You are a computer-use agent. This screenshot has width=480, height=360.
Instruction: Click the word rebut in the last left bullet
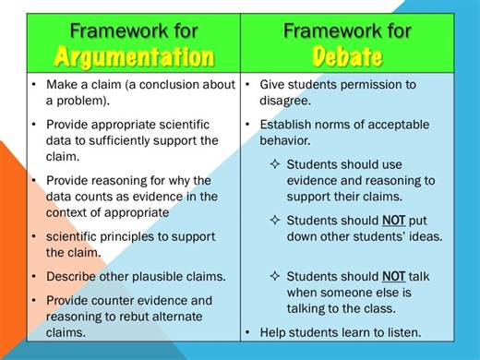pos(119,318)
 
